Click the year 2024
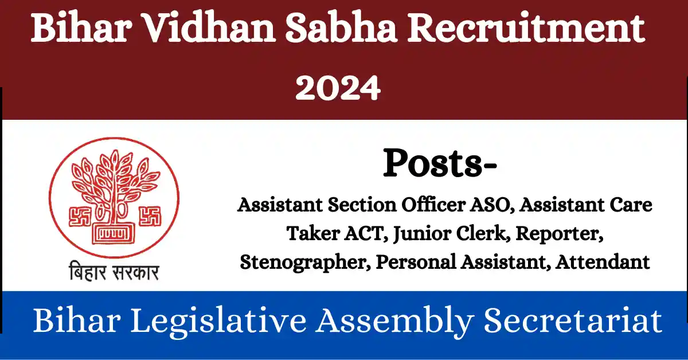click(338, 89)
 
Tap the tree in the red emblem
click(112, 183)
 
